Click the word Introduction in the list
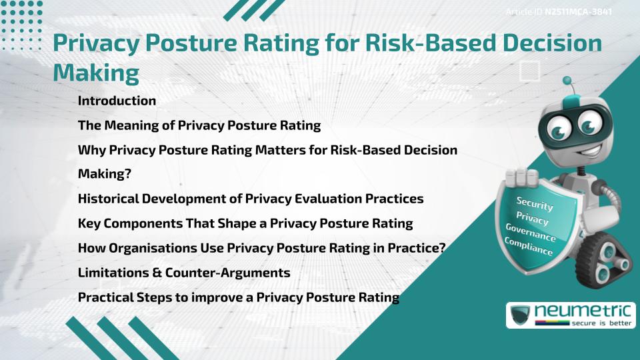click(x=117, y=101)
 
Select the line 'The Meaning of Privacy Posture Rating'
click(x=199, y=125)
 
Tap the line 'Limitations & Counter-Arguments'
click(x=184, y=273)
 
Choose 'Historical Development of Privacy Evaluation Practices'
click(x=251, y=199)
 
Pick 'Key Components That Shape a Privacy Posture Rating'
click(x=245, y=223)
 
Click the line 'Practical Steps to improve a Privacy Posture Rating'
click(x=239, y=297)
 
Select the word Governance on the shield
click(x=531, y=233)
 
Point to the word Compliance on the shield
click(x=529, y=246)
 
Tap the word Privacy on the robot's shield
click(x=532, y=218)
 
